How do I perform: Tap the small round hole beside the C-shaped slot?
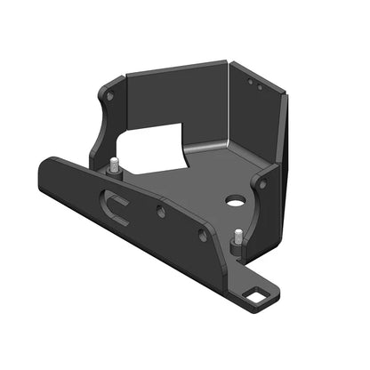tap(161, 213)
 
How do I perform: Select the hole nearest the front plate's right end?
tap(203, 236)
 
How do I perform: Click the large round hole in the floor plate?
tap(234, 201)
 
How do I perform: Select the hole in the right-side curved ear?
tap(262, 184)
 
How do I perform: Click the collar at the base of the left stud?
tap(115, 174)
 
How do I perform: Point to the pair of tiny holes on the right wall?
tap(254, 84)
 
